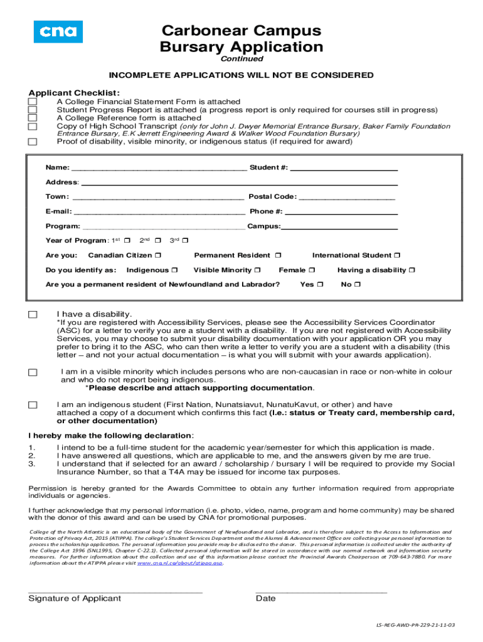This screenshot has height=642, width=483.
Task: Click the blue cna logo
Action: pos(58,31)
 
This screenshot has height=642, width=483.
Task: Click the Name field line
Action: pos(159,170)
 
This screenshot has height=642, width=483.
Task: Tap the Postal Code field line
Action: pos(347,199)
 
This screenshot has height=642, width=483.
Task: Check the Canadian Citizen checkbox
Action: pos(158,256)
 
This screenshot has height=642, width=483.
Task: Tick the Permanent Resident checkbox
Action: pos(279,256)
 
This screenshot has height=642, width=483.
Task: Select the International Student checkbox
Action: pos(397,256)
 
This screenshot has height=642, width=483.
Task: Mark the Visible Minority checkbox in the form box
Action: pos(257,270)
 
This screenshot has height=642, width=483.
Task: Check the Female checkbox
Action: pos(312,270)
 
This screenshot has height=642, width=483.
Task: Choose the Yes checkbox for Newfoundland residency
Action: pos(320,285)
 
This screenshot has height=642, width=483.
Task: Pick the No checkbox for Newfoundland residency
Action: pos(358,285)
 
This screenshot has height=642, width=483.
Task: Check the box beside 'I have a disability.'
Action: pos(33,314)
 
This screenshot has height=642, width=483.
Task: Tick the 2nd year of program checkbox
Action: pos(158,241)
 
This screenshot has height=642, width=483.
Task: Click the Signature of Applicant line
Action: pos(115,591)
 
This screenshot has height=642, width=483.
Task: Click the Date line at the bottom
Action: pos(321,591)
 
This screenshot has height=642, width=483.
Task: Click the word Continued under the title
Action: pos(242,59)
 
